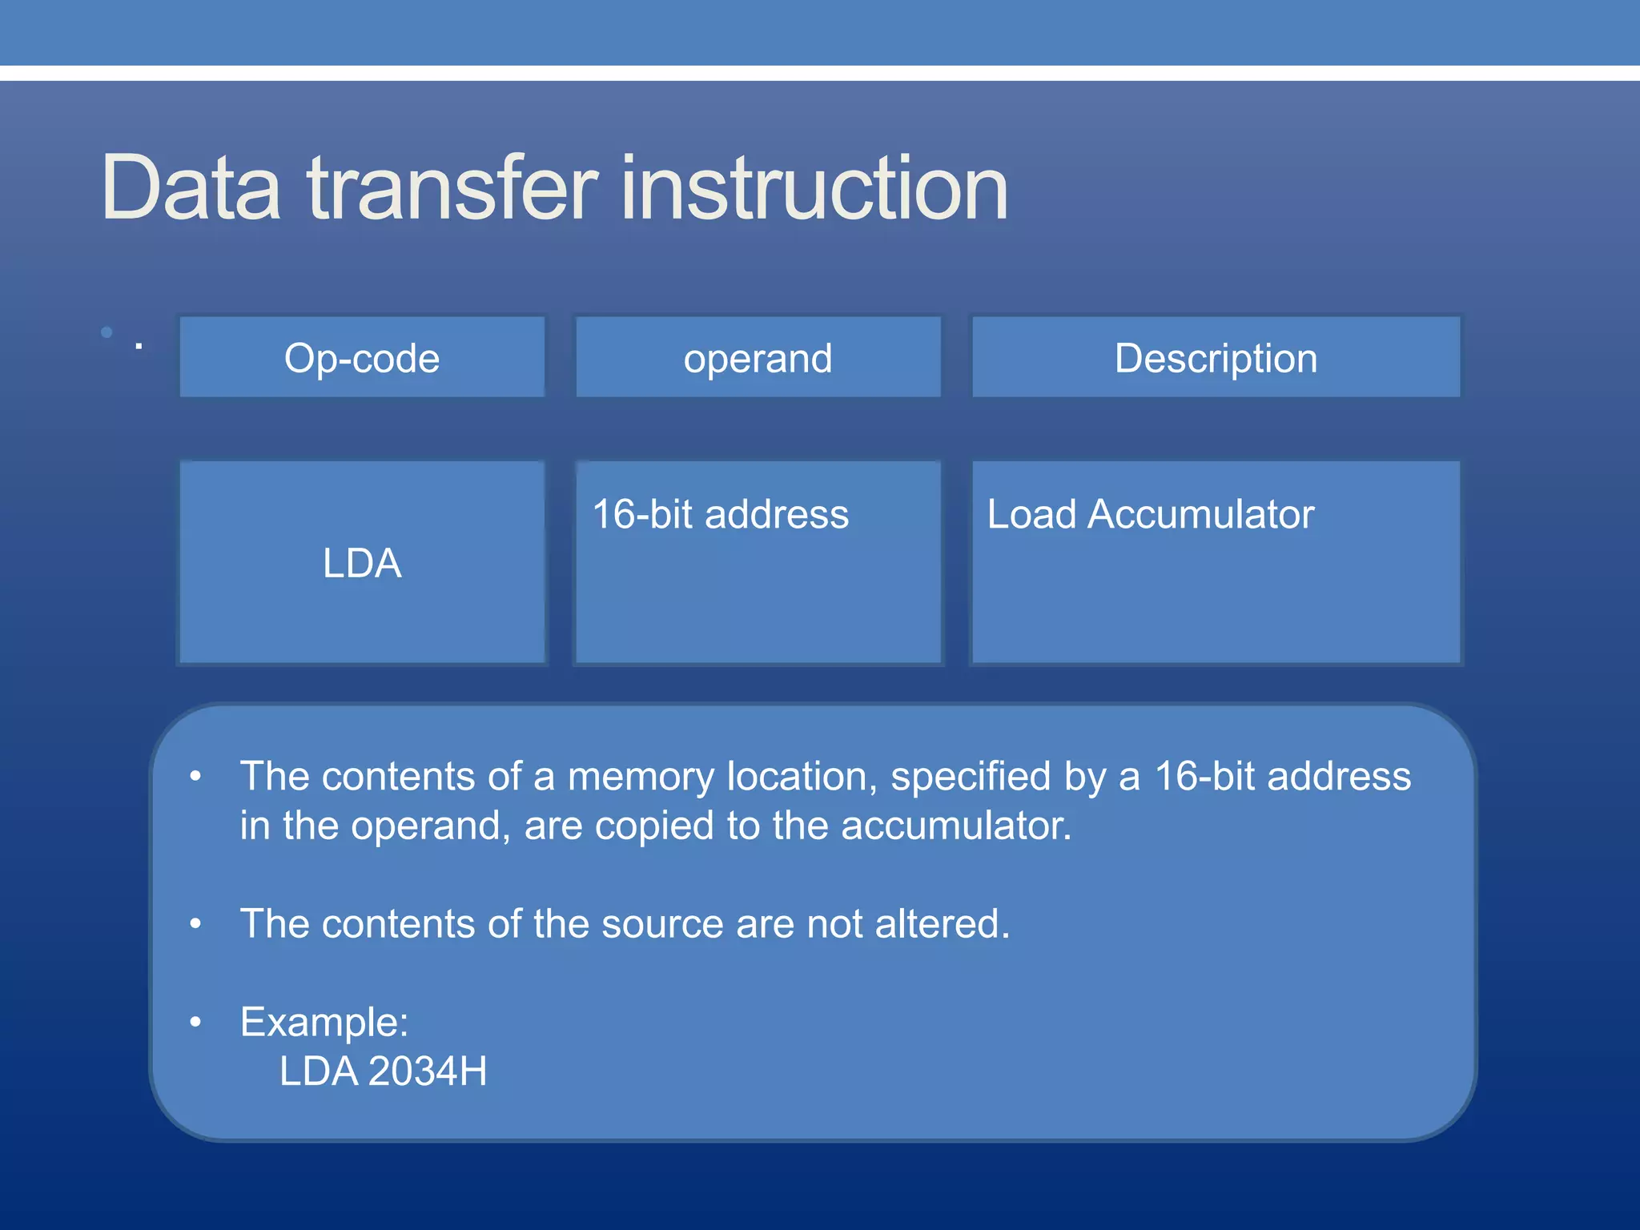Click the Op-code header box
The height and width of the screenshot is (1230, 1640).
362,358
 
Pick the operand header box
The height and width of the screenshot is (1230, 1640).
758,358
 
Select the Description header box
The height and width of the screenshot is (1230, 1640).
1216,358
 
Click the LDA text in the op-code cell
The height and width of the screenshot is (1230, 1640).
362,563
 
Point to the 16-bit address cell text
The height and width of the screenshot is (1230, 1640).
720,514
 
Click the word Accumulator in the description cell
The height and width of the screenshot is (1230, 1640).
1200,514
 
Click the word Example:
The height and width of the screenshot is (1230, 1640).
324,1023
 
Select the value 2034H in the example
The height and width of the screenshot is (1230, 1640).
428,1071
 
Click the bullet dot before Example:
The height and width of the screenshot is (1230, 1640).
195,1023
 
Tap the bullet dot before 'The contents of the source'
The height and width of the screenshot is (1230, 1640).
195,925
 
